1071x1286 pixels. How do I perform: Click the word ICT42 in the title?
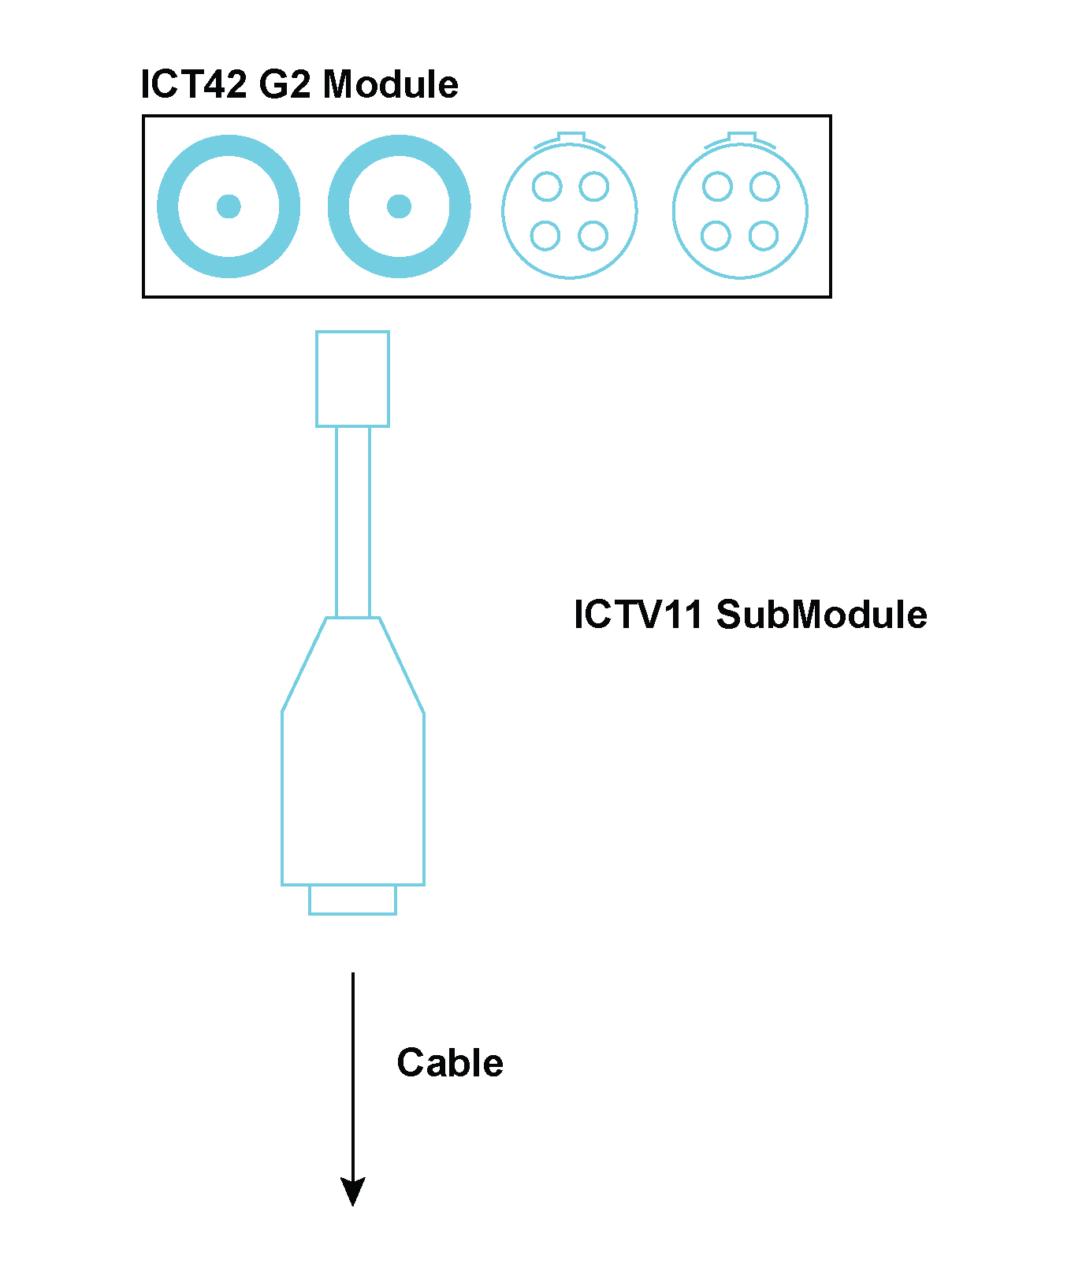pyautogui.click(x=194, y=84)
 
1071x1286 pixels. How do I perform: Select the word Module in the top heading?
pyautogui.click(x=391, y=84)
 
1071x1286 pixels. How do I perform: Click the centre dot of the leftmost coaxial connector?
pyautogui.click(x=229, y=206)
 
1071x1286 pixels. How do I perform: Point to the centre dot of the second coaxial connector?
pyautogui.click(x=399, y=206)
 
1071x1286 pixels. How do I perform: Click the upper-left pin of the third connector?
pyautogui.click(x=547, y=188)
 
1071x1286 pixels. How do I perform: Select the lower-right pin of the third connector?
pyautogui.click(x=593, y=235)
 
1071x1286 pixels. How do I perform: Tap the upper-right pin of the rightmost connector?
pyautogui.click(x=764, y=188)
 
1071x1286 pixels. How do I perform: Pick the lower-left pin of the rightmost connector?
pyautogui.click(x=716, y=235)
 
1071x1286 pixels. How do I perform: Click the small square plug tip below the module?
pyautogui.click(x=352, y=379)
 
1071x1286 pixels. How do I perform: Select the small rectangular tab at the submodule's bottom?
pyautogui.click(x=352, y=900)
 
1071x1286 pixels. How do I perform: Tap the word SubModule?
pyautogui.click(x=821, y=615)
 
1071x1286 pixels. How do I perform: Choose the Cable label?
pyautogui.click(x=450, y=1063)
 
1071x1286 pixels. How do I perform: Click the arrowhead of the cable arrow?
pyautogui.click(x=352, y=1191)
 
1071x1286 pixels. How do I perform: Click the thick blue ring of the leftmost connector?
pyautogui.click(x=167, y=206)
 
